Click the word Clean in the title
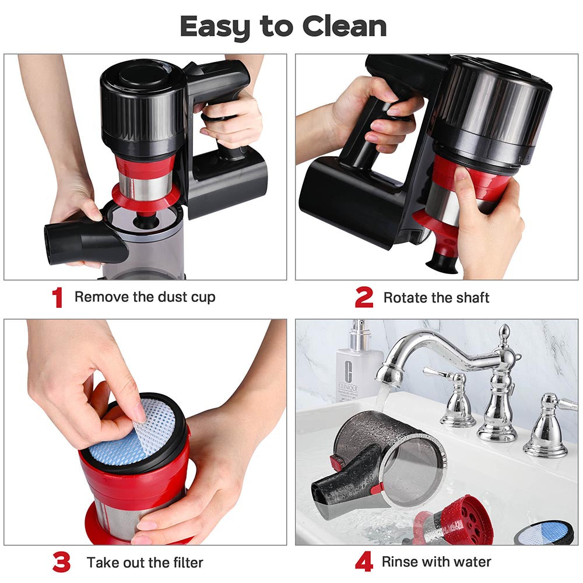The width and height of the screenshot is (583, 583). pos(344,27)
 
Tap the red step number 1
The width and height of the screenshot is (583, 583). pos(57,298)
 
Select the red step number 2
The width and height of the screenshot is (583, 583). pos(364,298)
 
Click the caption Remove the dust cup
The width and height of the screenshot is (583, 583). pos(145,297)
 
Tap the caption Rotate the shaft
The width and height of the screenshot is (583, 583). pos(436,298)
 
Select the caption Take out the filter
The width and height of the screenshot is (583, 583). pos(145,563)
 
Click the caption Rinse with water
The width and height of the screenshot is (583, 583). pos(436,563)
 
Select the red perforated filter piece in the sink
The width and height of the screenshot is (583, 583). pos(461,519)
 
